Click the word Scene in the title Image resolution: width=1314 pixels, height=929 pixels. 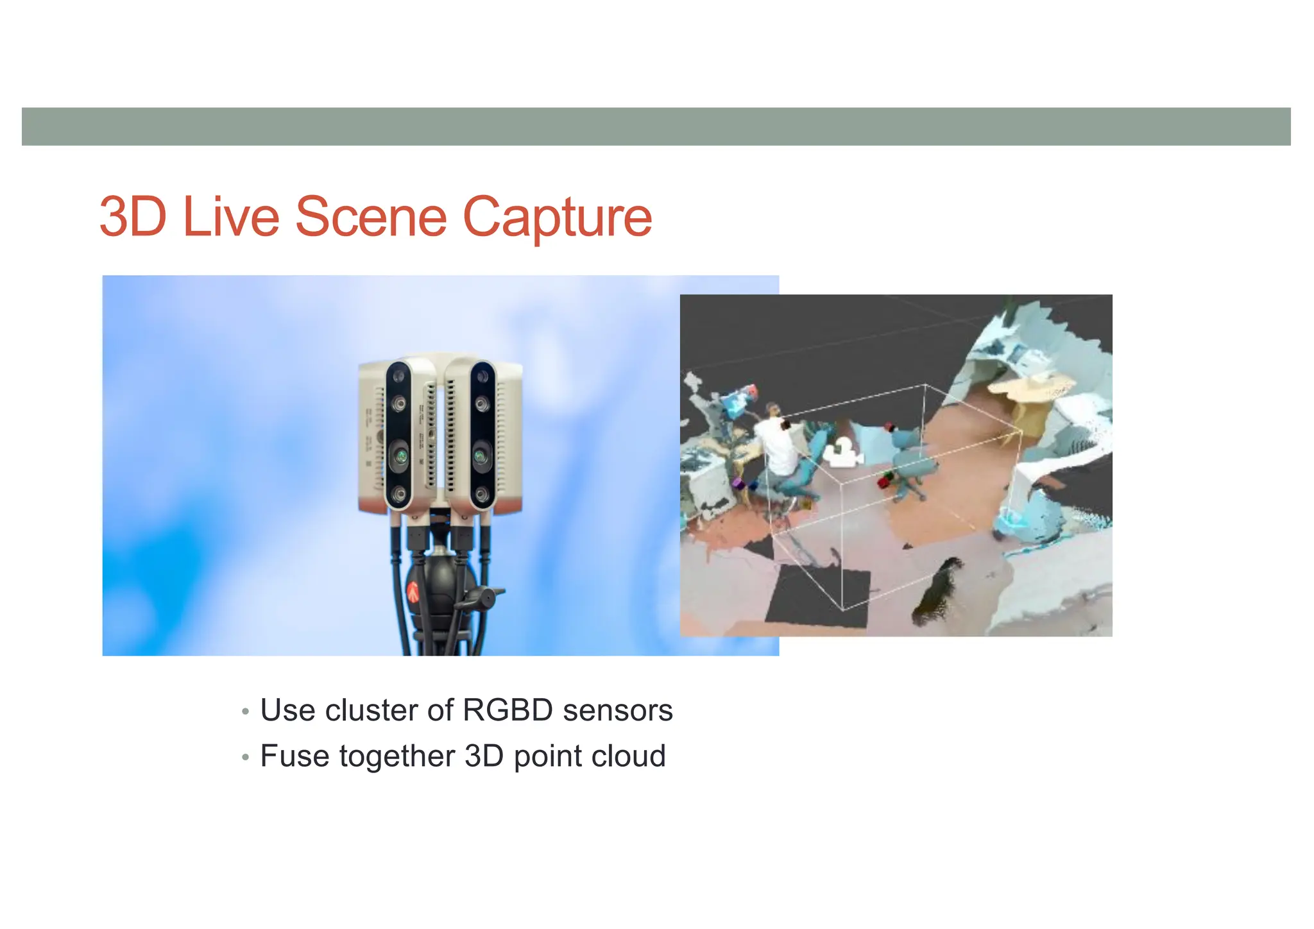[x=370, y=217]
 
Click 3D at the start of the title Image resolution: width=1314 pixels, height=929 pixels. [x=133, y=217]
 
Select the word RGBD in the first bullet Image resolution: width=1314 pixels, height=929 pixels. [x=507, y=710]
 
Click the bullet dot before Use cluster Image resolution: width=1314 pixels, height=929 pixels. [x=245, y=712]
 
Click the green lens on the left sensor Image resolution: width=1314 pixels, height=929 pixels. [x=398, y=457]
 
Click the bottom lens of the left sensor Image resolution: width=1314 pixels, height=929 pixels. [x=399, y=494]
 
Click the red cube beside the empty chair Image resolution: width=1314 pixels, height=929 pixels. [x=887, y=478]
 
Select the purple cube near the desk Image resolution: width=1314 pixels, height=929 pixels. [x=737, y=483]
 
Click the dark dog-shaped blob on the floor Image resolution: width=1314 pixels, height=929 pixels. [x=938, y=587]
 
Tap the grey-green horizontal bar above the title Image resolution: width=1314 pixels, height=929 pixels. [x=656, y=126]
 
